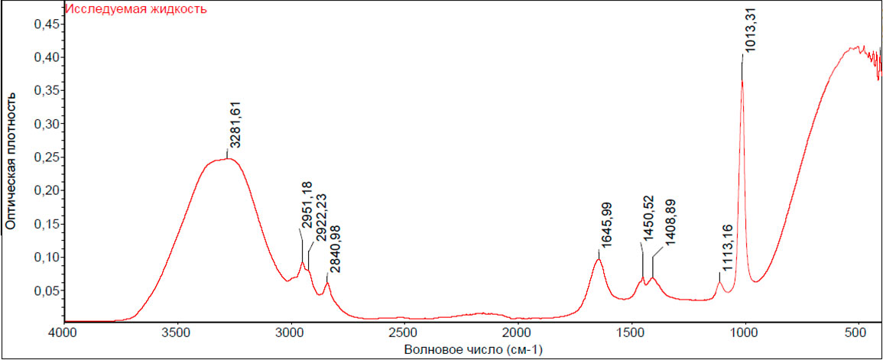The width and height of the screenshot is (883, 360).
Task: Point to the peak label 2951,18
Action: tap(307, 206)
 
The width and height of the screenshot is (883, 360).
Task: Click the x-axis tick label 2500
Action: tap(403, 334)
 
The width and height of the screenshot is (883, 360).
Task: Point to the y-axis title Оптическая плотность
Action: tap(11, 162)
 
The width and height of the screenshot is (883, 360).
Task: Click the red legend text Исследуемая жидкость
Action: tap(136, 10)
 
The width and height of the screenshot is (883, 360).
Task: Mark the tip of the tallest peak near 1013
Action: tap(742, 79)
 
